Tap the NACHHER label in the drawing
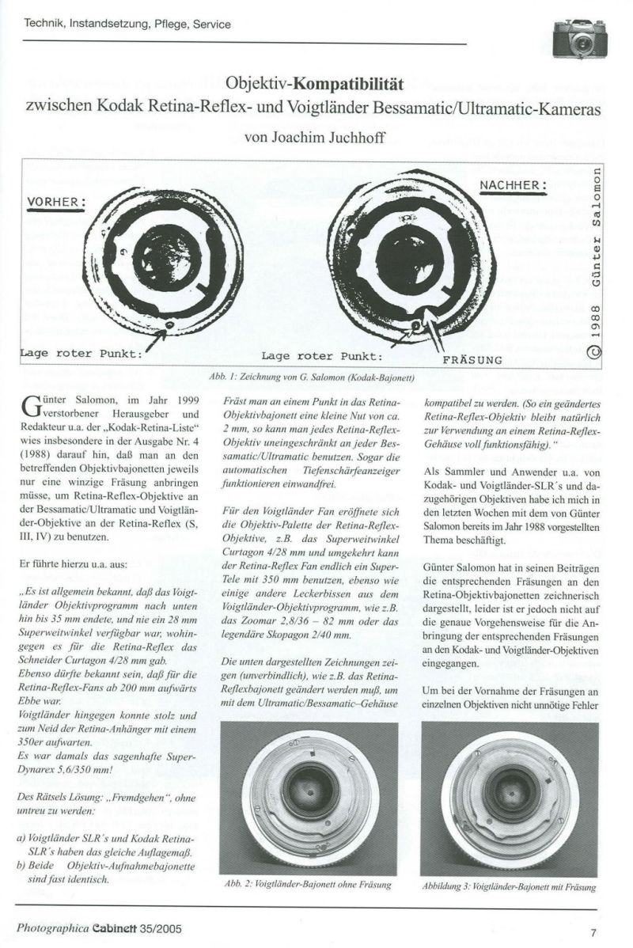514,186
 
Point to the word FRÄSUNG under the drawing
472,359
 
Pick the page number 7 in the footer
592,931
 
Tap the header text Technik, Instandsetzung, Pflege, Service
128,25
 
